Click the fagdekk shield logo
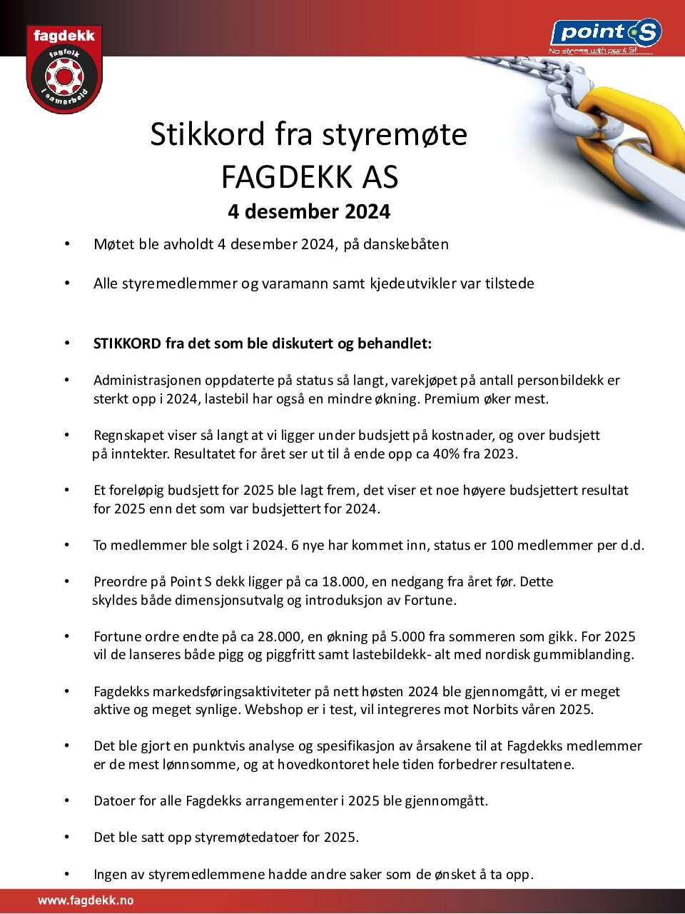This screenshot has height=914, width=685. (x=64, y=69)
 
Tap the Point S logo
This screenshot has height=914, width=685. (x=606, y=34)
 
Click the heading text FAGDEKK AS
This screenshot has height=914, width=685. (x=309, y=177)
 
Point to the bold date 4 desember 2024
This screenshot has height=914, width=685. (x=309, y=212)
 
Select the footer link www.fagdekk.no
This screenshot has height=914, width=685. (x=86, y=900)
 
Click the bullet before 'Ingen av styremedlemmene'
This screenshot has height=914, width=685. (x=67, y=873)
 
